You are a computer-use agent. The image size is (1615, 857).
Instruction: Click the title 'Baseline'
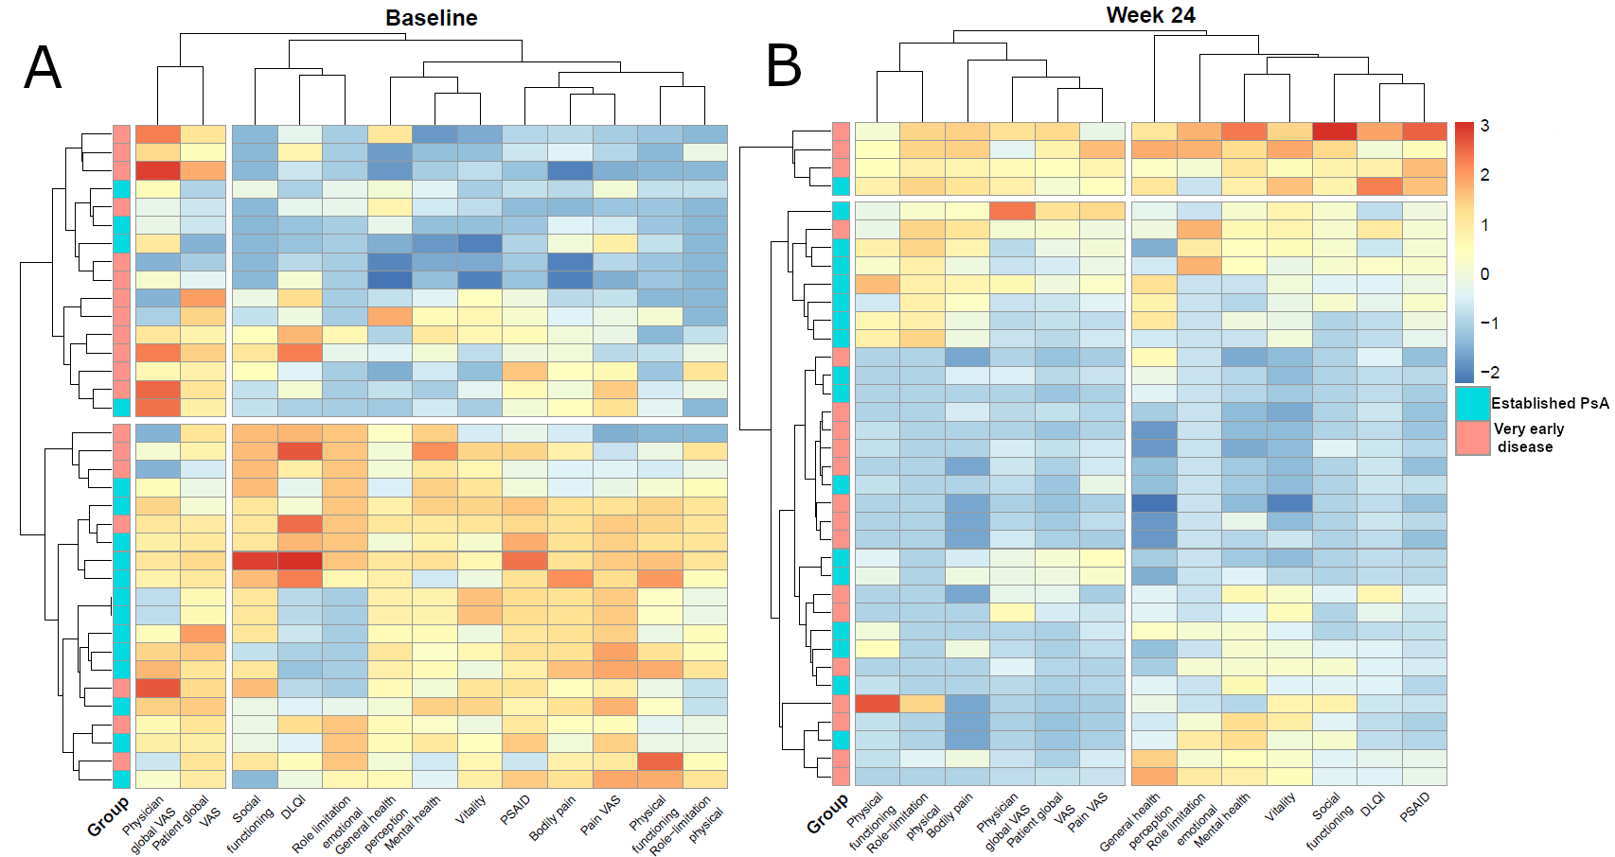point(431,18)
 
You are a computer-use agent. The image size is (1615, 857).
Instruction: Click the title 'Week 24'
point(1150,15)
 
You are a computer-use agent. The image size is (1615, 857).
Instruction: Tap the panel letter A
point(43,68)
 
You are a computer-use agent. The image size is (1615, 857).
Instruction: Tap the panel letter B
point(784,66)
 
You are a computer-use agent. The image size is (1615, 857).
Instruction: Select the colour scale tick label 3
point(1484,126)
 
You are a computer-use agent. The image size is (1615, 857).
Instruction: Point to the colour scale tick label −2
point(1489,373)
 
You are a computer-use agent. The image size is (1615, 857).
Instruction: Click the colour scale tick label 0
point(1484,274)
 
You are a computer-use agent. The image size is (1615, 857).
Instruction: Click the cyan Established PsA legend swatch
point(1473,403)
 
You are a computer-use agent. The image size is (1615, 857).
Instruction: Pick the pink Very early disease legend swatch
point(1473,437)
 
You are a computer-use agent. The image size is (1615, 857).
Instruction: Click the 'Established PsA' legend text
point(1550,403)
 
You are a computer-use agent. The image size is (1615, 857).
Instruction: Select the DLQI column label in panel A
point(292,807)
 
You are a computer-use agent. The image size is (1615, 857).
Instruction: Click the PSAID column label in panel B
point(1414,807)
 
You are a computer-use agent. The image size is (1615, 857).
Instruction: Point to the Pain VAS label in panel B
point(1088,813)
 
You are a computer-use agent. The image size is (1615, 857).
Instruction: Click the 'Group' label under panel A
point(108,816)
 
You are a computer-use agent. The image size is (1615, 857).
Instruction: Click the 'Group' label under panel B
point(827,814)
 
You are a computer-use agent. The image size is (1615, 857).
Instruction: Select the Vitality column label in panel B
point(1281,806)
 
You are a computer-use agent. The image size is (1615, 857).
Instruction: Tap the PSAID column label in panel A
point(516,810)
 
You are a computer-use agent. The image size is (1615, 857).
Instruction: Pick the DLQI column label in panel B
point(1372,804)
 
